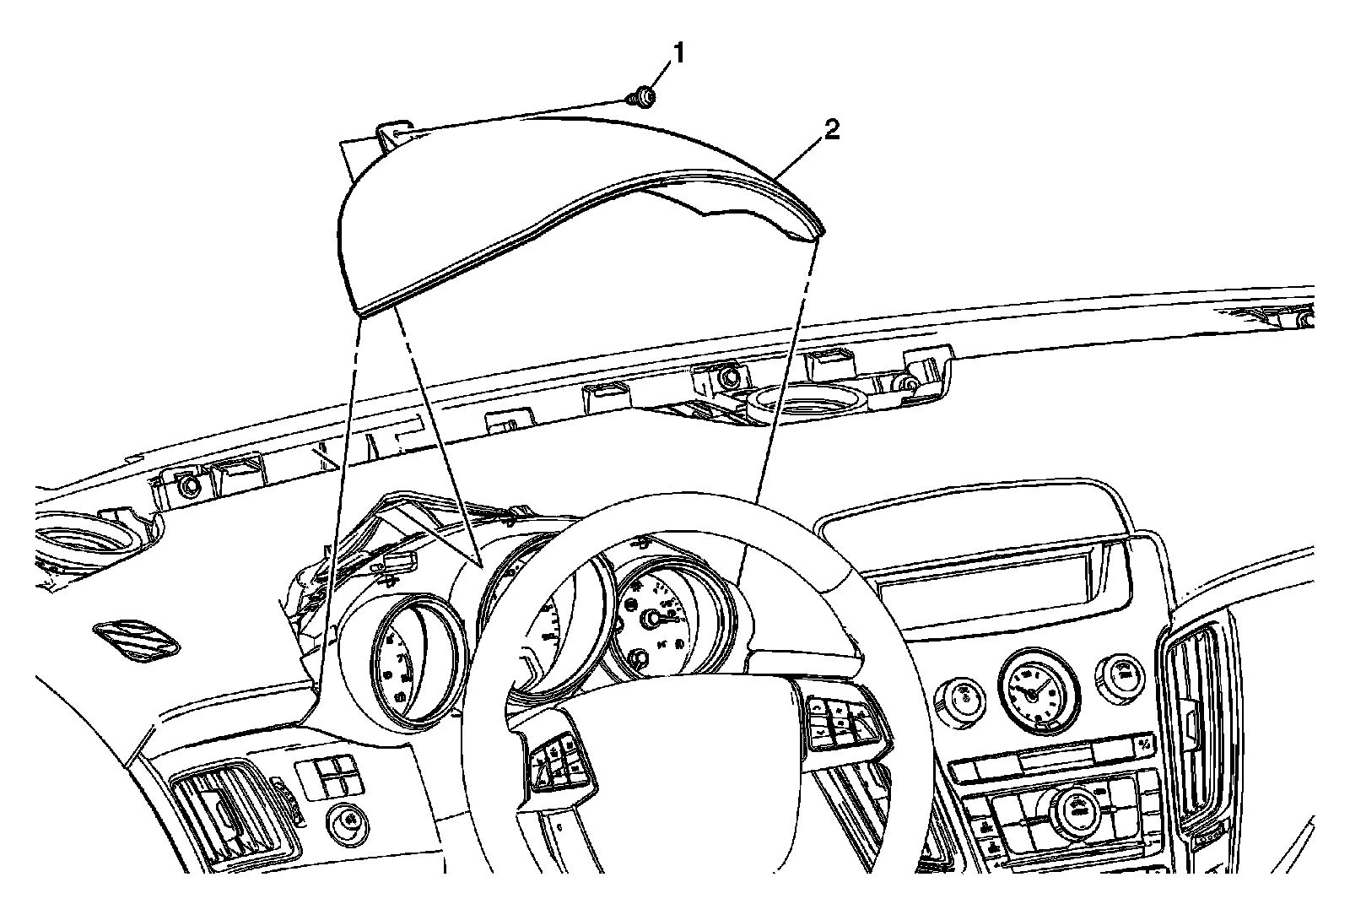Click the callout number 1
pyautogui.click(x=677, y=53)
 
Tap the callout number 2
pyautogui.click(x=831, y=131)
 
